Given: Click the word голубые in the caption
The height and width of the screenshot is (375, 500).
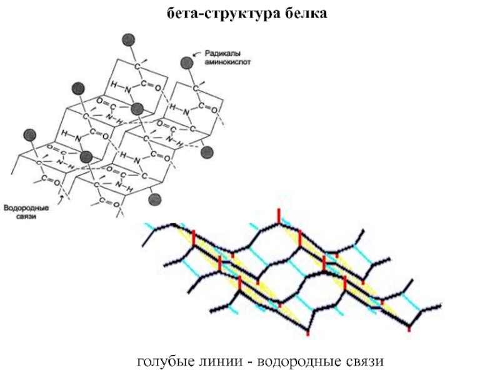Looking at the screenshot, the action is click(x=166, y=361).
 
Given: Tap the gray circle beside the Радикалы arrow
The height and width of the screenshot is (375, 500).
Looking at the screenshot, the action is click(x=186, y=62).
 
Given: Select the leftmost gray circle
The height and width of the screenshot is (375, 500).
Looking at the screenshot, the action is click(x=29, y=135).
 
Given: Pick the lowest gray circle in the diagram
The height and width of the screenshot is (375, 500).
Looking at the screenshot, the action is click(x=154, y=199).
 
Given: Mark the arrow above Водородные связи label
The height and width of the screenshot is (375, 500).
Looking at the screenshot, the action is click(x=61, y=199).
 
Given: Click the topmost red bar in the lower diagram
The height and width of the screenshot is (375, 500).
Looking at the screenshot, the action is click(x=279, y=217).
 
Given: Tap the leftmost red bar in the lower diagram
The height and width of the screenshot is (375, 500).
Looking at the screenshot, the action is click(x=194, y=237).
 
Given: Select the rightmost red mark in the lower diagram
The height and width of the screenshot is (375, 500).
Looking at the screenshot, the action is click(x=409, y=327).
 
